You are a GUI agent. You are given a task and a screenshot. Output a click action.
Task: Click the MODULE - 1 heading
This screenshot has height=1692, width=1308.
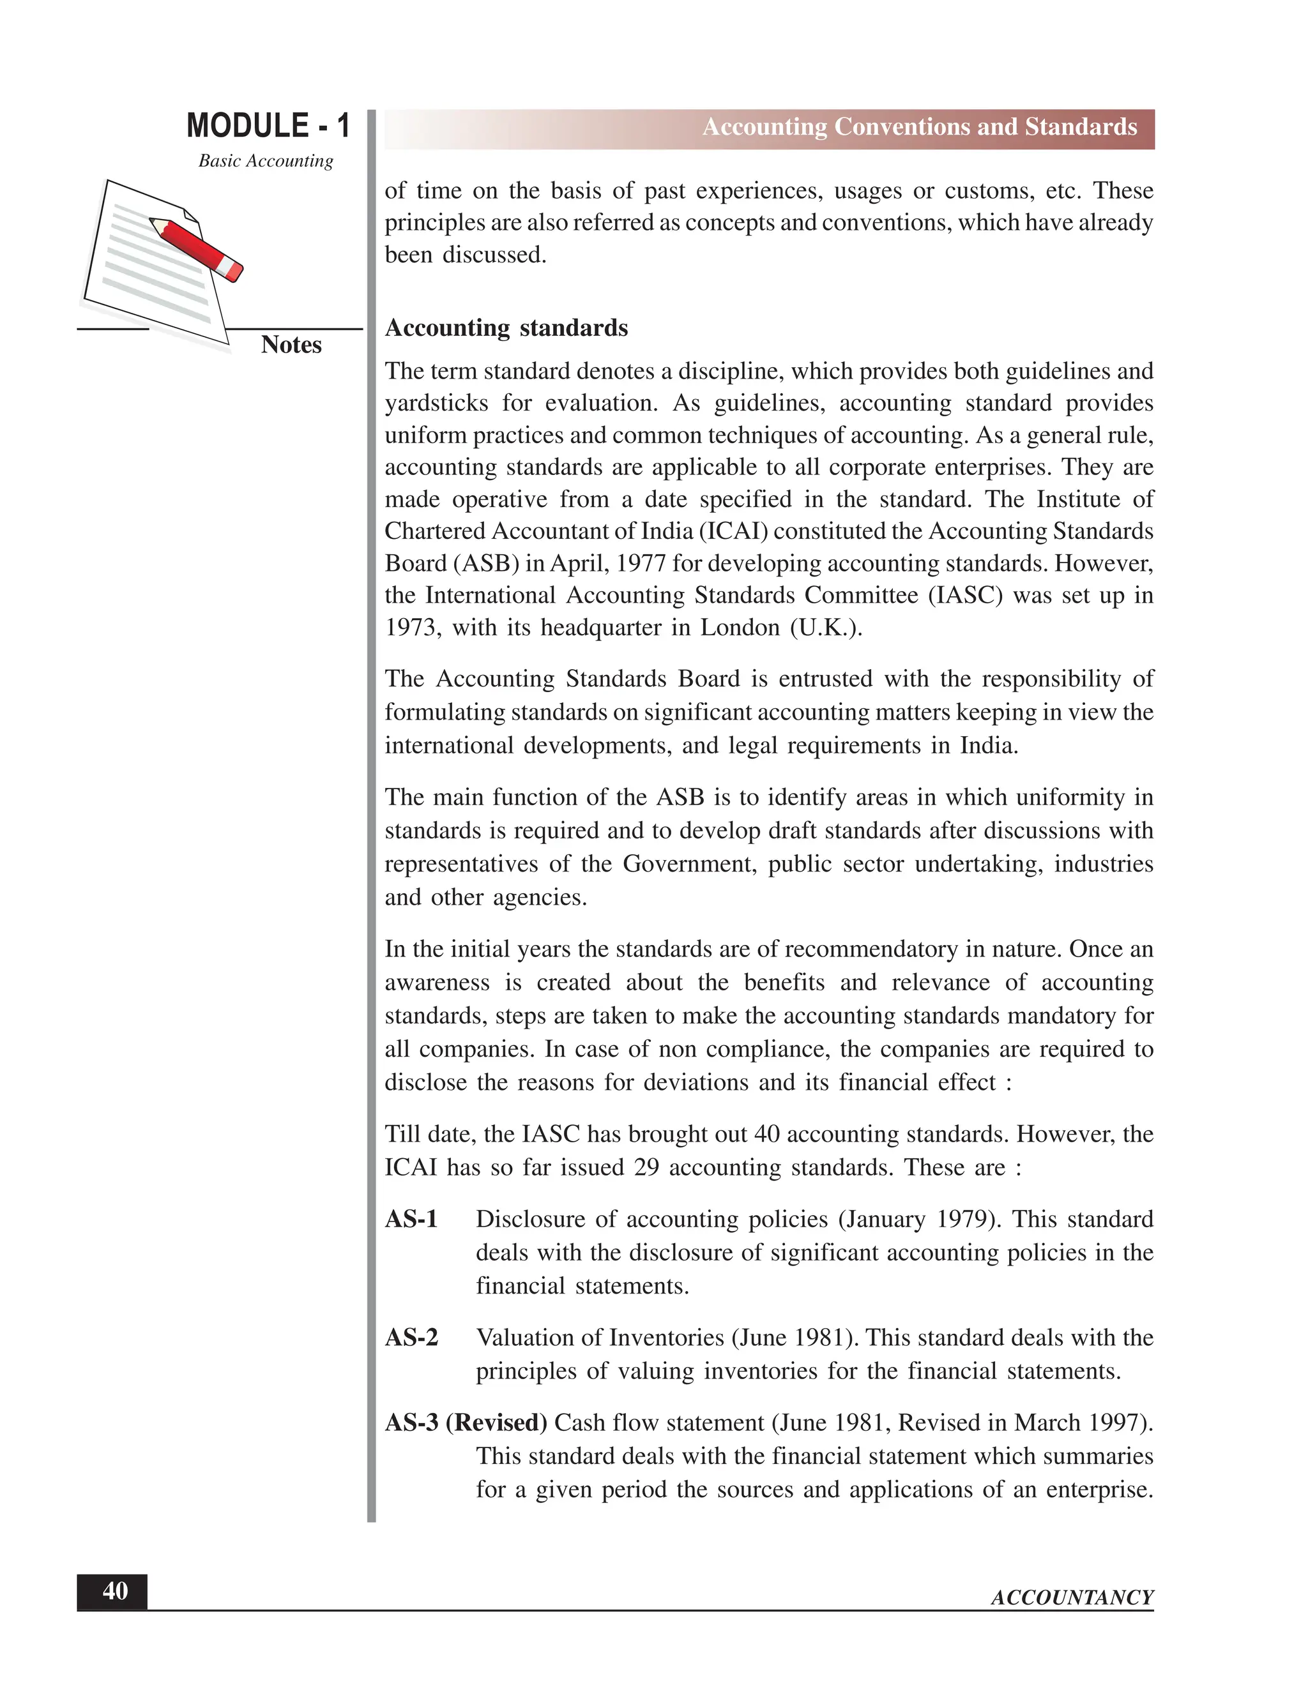coord(268,126)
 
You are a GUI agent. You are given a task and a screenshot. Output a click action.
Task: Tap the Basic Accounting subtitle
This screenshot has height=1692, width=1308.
coord(266,161)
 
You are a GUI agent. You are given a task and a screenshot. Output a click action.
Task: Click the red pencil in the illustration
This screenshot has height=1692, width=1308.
coord(197,248)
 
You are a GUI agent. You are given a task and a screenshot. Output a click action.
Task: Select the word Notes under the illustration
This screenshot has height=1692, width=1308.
coord(291,345)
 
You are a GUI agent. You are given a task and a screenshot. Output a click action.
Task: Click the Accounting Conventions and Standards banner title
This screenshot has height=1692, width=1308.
coord(919,127)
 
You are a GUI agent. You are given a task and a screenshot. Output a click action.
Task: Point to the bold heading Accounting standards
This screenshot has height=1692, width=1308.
coord(506,328)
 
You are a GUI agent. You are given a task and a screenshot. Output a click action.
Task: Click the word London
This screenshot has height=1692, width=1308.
coord(740,628)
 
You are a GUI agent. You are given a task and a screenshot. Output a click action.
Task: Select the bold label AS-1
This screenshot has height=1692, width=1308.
coord(411,1220)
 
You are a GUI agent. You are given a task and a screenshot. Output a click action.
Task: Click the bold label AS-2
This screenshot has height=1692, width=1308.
coord(411,1338)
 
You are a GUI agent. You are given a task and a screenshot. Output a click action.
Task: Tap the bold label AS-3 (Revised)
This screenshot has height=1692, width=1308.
coord(466,1423)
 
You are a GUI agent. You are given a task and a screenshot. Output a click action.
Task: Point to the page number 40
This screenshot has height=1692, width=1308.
coord(115,1591)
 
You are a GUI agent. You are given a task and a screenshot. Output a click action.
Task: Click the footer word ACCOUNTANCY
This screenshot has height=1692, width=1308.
coord(1072,1598)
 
